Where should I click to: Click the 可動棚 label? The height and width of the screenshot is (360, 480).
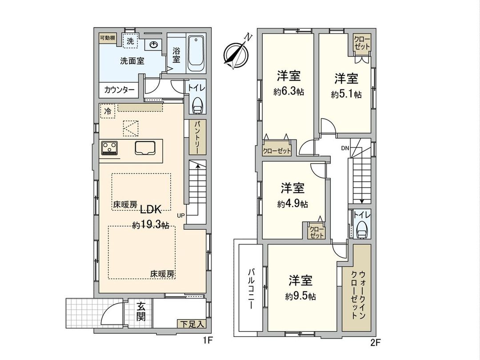click(x=107, y=38)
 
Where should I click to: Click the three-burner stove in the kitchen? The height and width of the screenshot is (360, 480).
click(x=109, y=148)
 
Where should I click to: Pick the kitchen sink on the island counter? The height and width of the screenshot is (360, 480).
click(x=145, y=148)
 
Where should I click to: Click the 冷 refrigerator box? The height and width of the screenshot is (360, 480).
click(x=107, y=111)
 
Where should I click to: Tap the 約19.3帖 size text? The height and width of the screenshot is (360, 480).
click(x=150, y=225)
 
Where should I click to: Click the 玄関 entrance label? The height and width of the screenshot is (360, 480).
click(x=141, y=312)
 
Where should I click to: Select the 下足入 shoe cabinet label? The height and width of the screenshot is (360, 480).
click(x=191, y=324)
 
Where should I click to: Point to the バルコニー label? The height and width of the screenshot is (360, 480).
click(x=250, y=289)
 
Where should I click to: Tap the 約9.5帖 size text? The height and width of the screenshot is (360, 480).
click(x=301, y=296)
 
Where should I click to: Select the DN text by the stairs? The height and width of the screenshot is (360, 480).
click(x=345, y=148)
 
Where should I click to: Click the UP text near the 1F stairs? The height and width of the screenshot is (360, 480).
click(x=180, y=216)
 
